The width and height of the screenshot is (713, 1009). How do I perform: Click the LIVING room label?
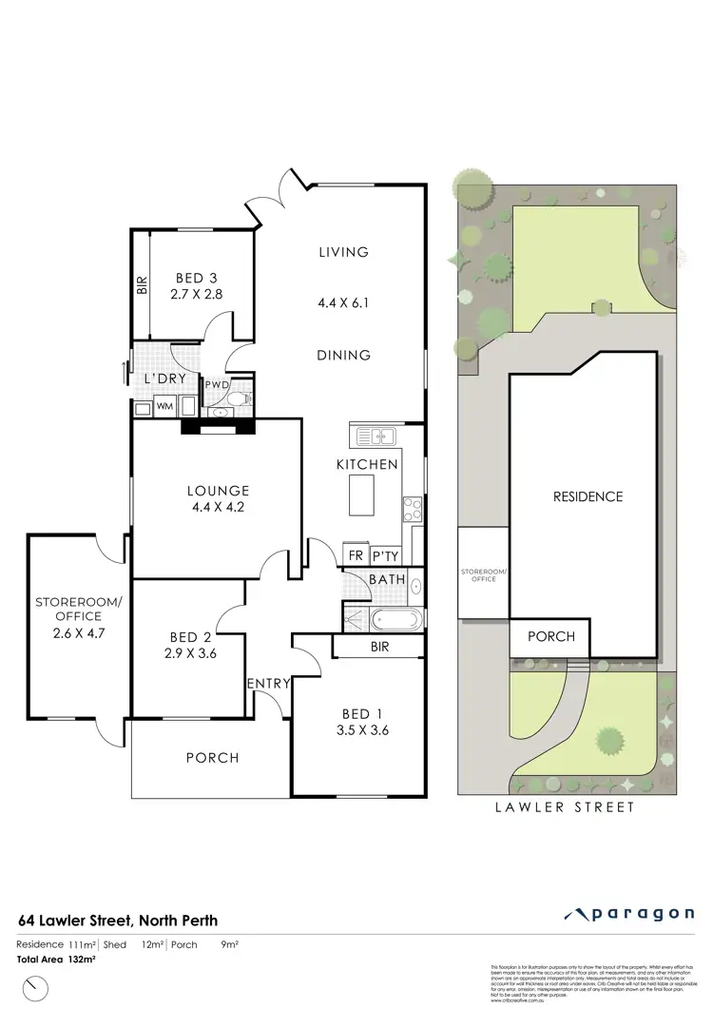[x=343, y=252]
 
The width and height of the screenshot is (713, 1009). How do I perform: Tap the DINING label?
[x=343, y=356]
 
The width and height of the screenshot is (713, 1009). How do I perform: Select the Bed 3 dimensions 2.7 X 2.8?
[x=197, y=296]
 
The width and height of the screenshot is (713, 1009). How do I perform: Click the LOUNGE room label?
[x=218, y=491]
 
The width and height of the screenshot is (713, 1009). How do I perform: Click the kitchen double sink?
[x=377, y=437]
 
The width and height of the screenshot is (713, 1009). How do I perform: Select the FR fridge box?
[x=356, y=555]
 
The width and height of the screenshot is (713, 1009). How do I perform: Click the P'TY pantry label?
[x=385, y=555]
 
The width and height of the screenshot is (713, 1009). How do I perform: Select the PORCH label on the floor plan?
[x=212, y=758]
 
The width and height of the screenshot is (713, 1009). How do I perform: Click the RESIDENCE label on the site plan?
[x=588, y=496]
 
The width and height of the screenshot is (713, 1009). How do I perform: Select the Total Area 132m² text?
[x=57, y=960]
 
